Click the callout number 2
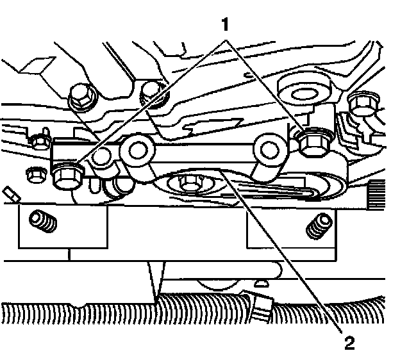[349, 344]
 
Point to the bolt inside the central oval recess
[190, 183]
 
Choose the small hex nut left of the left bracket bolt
[33, 172]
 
